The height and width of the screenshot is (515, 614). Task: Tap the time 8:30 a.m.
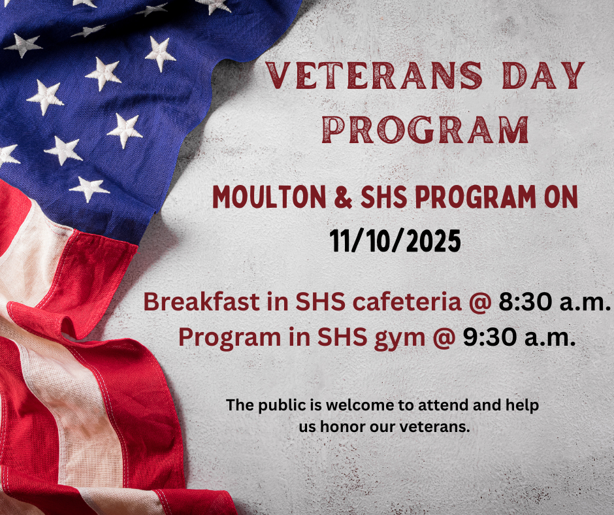click(x=554, y=303)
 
